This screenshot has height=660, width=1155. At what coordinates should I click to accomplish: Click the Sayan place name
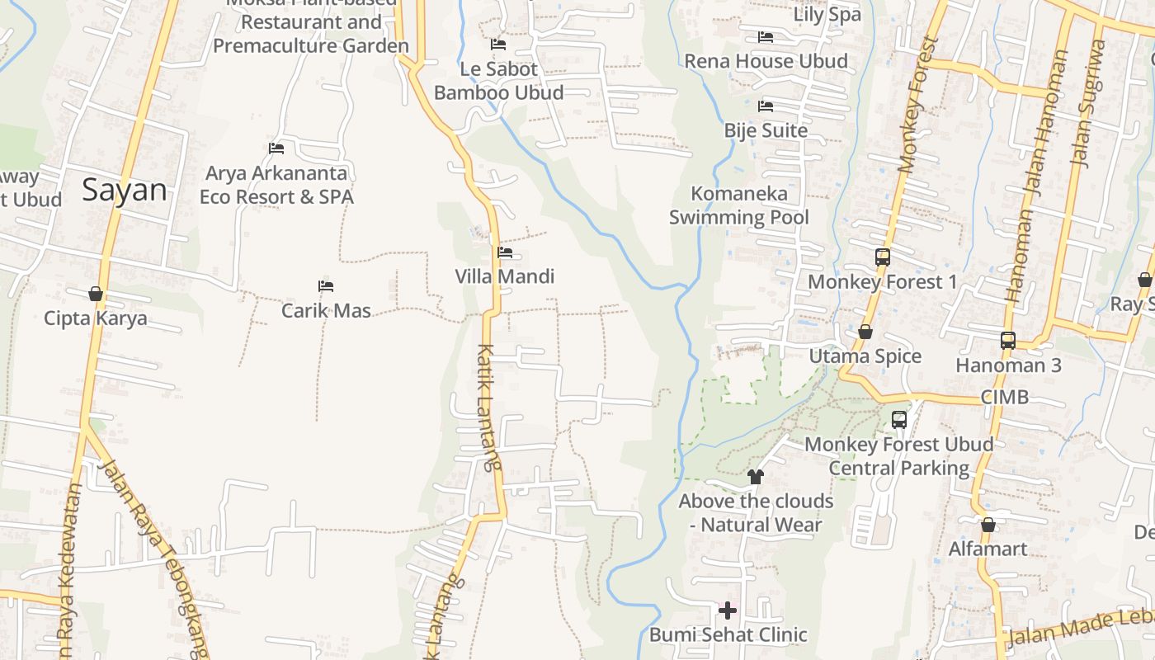coord(125,191)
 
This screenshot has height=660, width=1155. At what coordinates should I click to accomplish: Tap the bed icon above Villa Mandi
coord(505,252)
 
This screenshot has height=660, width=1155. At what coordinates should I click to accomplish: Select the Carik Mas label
coord(326,311)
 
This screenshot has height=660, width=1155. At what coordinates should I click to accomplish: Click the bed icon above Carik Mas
coord(326,286)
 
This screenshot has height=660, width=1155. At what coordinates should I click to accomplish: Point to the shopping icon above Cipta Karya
coord(96,294)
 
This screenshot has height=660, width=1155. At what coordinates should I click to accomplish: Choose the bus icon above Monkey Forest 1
coord(883,257)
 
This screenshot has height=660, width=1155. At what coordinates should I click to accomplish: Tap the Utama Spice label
coord(865,356)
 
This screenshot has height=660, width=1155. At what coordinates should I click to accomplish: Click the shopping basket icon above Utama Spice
coord(865,332)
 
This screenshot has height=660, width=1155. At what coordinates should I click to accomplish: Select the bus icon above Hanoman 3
coord(1007,340)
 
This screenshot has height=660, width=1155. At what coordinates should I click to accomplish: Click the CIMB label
coord(1004,397)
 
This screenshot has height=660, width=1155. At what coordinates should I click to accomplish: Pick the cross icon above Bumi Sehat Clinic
coord(727,610)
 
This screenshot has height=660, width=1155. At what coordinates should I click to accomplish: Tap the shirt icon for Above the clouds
coord(755,476)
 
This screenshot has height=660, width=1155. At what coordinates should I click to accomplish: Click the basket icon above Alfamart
coord(988,525)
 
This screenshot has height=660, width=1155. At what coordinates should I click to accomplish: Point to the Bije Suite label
coord(766,130)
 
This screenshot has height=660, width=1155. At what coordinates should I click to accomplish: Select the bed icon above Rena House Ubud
coord(766,37)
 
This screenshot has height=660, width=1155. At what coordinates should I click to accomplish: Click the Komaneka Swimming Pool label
coord(739,205)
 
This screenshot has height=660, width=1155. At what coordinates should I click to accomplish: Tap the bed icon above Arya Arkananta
coord(276,148)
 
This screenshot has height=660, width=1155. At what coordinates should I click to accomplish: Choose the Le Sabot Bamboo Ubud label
coord(499,81)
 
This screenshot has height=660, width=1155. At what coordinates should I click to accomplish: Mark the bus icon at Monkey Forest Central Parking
coord(899,420)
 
